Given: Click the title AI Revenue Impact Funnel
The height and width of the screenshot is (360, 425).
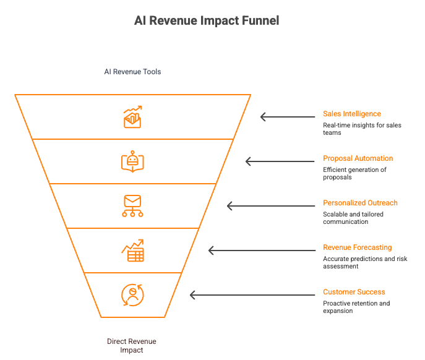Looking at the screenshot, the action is (207, 20).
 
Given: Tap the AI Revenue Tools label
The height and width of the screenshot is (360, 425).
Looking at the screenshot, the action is (132, 72).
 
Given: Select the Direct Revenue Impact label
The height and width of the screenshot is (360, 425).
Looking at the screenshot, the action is (131, 345).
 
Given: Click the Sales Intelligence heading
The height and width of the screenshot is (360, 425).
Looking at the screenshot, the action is (352, 114).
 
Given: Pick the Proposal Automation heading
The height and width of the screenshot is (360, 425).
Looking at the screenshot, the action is (358, 158).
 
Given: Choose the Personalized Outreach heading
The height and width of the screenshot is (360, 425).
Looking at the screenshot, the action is (360, 203).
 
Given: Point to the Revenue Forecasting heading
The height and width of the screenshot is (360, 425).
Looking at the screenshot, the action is (357, 247).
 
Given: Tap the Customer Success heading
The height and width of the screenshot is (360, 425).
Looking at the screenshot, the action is (354, 292).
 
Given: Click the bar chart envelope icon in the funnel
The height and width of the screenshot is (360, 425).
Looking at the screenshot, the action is (132, 117).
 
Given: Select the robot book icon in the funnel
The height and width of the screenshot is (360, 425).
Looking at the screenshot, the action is (132, 161).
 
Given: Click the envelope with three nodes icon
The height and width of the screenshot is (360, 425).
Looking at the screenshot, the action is (132, 206).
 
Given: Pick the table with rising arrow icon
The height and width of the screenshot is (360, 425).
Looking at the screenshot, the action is (132, 251).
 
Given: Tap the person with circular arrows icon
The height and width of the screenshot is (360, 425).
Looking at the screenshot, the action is (132, 295).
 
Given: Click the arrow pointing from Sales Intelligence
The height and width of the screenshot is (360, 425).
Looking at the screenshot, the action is (288, 117).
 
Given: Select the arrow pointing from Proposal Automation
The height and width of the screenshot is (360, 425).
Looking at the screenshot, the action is (280, 161).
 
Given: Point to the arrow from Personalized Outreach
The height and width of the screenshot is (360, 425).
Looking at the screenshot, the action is (271, 206).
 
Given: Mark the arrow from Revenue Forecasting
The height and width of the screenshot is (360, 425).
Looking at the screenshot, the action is (262, 251).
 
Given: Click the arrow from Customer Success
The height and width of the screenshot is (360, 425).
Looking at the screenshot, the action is (252, 295).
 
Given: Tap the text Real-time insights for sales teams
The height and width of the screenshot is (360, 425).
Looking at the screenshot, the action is (362, 129).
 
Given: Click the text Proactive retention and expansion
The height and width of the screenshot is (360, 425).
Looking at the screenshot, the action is (356, 307).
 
